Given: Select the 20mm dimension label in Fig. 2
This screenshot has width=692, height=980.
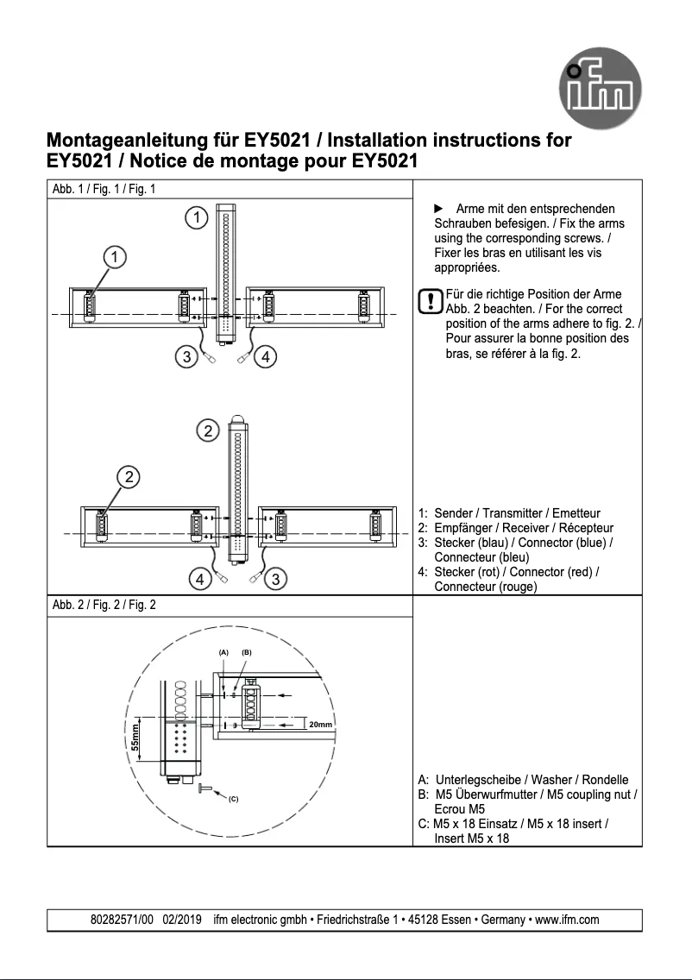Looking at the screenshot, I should [320, 724].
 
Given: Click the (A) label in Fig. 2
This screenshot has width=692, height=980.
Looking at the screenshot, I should [223, 653].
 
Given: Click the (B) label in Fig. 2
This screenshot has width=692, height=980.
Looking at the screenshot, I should [247, 653].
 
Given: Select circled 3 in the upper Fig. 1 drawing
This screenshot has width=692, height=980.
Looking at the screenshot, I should [186, 355].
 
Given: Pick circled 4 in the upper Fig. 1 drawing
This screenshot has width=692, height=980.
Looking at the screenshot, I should [267, 355].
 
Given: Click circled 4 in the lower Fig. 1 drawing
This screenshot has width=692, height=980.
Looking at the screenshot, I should [199, 579].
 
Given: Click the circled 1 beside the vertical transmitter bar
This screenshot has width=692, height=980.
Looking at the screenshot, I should [198, 217].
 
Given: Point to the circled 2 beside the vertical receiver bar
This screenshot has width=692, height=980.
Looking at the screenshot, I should [207, 431].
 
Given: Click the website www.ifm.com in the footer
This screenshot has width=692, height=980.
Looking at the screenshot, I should [567, 920].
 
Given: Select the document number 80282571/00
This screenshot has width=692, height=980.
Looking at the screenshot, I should [122, 920].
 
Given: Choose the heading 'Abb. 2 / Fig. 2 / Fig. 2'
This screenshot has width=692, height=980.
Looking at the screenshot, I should [104, 605].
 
